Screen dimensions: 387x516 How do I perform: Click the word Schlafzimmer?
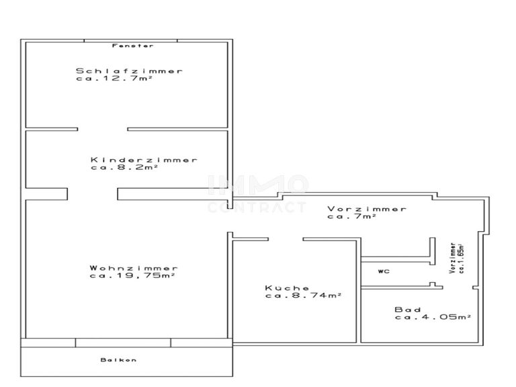129,71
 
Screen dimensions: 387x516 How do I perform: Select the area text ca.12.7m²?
114,79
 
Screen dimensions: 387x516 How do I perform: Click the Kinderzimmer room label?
144,160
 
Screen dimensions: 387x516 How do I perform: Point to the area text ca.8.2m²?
124,168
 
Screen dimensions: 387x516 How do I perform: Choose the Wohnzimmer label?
134,268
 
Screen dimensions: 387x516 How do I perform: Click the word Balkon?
119,360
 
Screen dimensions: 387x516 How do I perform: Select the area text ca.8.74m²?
303,296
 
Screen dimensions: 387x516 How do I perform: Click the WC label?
384,271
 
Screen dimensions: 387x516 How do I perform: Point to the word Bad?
408,310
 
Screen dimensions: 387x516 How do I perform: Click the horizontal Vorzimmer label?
367,209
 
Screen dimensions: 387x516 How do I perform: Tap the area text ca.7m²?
351,216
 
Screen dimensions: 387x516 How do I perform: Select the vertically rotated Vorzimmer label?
455,257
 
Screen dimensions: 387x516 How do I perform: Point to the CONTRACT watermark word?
257,208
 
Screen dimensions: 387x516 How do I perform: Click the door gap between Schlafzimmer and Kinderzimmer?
102,128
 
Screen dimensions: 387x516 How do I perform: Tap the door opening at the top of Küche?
286,239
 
